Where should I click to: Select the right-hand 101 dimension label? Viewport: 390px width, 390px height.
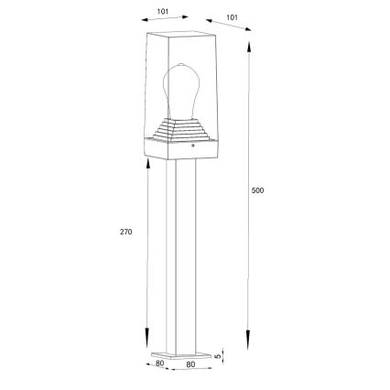point(232,16)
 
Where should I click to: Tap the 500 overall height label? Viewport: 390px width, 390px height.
point(257,190)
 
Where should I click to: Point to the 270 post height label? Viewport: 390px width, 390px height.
point(126,232)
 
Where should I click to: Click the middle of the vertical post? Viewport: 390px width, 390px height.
point(180,247)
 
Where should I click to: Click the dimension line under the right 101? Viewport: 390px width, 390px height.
point(229,27)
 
